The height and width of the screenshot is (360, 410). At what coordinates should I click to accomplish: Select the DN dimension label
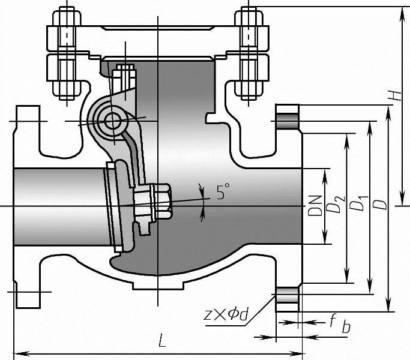314,205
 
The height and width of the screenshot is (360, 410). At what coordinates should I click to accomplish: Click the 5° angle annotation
223,193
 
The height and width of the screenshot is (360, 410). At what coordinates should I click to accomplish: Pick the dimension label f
331,321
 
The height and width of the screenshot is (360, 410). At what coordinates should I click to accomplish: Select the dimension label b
346,328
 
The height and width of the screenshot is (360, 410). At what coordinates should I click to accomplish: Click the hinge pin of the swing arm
112,120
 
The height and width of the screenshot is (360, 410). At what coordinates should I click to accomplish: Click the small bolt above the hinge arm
125,75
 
